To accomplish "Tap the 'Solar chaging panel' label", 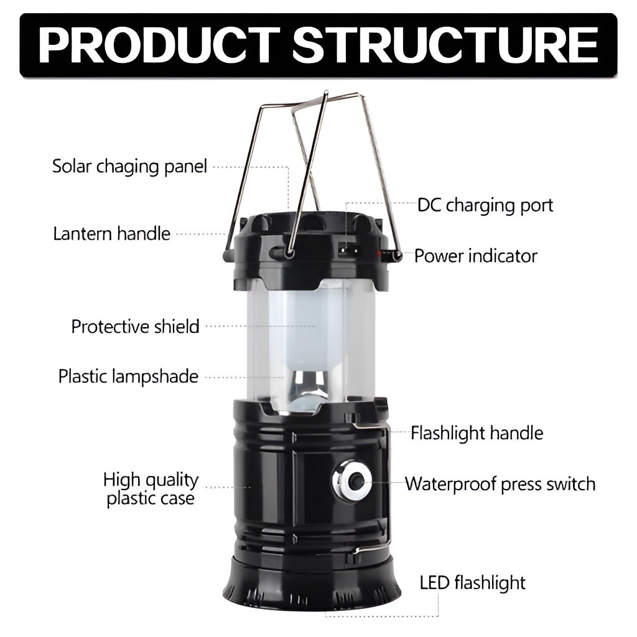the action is point(129,167).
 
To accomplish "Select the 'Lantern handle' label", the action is point(112,234).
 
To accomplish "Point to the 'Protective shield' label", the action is point(135,327).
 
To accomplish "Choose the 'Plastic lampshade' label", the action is point(128,376).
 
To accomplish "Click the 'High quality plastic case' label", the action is point(151,489).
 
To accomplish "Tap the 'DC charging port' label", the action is point(485,205).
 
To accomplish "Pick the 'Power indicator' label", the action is point(476,256).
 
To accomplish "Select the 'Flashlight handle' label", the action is point(477,433).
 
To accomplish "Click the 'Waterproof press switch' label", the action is point(500,484).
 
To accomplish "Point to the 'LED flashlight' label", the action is point(473,582).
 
